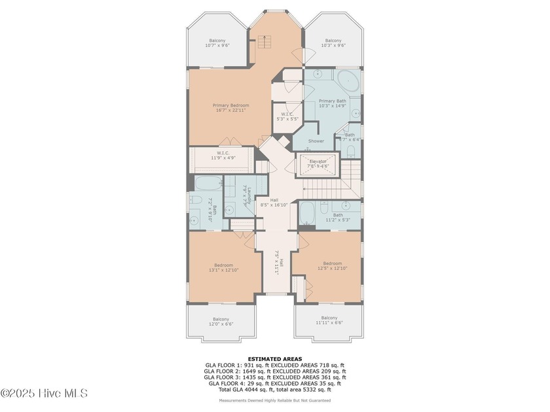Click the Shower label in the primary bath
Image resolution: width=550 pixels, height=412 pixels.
click(x=316, y=141)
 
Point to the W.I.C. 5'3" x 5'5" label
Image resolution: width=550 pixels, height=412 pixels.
click(x=285, y=116)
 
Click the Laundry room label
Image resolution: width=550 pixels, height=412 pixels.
click(x=227, y=195)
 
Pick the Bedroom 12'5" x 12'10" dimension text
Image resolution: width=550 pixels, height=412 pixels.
click(x=327, y=268)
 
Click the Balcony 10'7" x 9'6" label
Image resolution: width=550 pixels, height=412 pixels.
click(x=217, y=43)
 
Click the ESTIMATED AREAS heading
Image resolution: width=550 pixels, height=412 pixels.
click(x=274, y=358)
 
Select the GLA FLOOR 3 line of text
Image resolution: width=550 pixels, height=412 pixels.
click(x=274, y=377)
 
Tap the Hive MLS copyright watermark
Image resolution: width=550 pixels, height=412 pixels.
click(x=44, y=393)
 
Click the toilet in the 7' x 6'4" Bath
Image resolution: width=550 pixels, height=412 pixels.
click(x=351, y=153)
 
